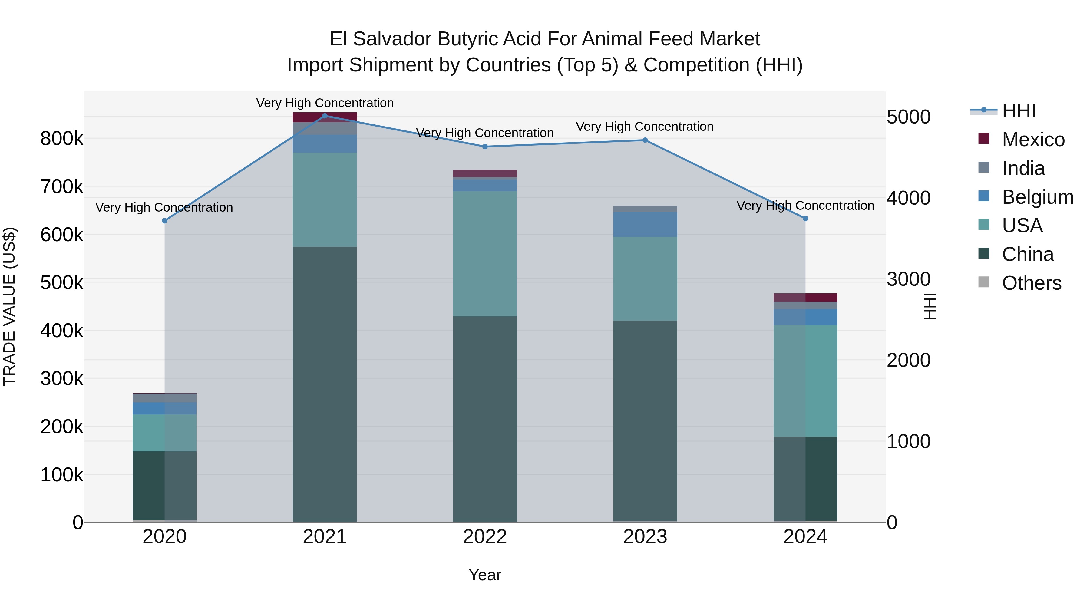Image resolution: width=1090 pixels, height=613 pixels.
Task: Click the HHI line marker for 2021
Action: click(x=325, y=116)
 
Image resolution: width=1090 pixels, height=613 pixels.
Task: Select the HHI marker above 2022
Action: click(x=485, y=147)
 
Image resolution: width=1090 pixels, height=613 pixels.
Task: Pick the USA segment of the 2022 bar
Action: click(x=485, y=254)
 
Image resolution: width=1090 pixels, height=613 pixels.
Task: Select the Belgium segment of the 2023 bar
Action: click(x=645, y=224)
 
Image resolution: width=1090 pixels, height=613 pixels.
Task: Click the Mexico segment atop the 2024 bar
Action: click(x=805, y=297)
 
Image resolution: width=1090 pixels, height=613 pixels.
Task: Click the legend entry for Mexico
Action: click(x=1033, y=140)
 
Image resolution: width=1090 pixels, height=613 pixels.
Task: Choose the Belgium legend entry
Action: click(x=1037, y=197)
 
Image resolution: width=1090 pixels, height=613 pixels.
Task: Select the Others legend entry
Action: click(x=1031, y=283)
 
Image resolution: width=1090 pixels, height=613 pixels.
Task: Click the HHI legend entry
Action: click(x=1019, y=111)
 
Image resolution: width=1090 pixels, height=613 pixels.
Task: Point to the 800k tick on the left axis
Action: click(x=62, y=139)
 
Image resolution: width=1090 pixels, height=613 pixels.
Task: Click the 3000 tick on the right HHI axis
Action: click(x=908, y=279)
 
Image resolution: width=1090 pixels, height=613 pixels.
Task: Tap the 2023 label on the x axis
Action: click(x=645, y=537)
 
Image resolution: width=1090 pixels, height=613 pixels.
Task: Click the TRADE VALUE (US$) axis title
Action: click(x=9, y=306)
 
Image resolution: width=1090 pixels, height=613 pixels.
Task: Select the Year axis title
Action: click(x=485, y=575)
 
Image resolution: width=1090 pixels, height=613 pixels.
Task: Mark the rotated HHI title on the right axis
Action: click(x=930, y=306)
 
